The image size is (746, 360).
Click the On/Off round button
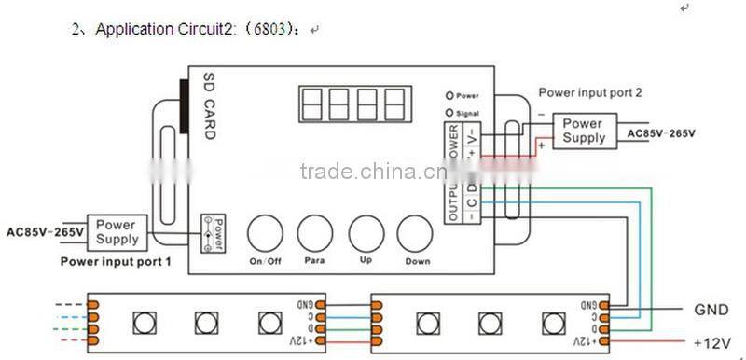coord(266,232)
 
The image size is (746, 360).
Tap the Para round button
coord(314,232)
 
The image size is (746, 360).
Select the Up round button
coord(366,232)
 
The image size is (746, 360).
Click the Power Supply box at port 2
coord(583,131)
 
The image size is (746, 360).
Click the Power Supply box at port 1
coord(117,232)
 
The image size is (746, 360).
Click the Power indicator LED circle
coord(450,95)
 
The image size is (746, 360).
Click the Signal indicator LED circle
coord(450,112)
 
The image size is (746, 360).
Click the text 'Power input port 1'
coord(116,262)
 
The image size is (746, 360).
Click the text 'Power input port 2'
coord(590,93)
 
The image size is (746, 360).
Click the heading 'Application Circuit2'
coord(149,29)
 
